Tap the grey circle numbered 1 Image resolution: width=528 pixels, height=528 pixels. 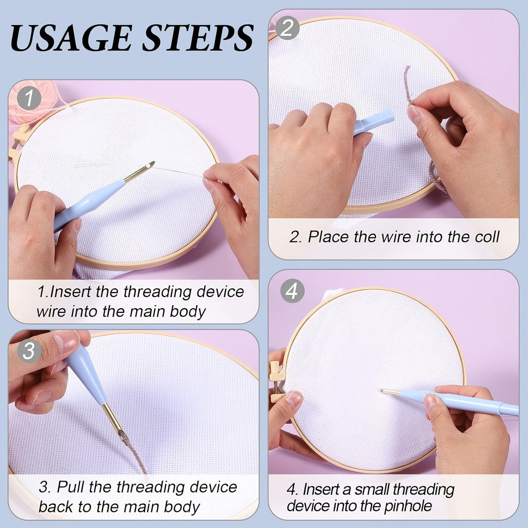29,98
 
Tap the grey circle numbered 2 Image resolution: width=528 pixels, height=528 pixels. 287,28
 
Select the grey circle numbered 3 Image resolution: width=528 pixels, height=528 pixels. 29,350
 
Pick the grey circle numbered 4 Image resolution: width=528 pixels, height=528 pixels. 292,291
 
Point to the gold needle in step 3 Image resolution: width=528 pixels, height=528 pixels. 113,419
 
